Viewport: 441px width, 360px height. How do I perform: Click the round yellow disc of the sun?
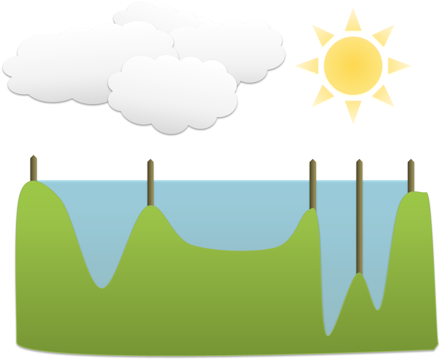click(353, 66)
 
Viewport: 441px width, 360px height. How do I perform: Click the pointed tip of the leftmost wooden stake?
click(33, 157)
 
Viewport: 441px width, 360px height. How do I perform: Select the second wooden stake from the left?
click(150, 182)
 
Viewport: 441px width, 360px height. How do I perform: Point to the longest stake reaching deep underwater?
click(359, 218)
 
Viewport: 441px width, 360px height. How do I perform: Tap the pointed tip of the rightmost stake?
click(411, 161)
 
